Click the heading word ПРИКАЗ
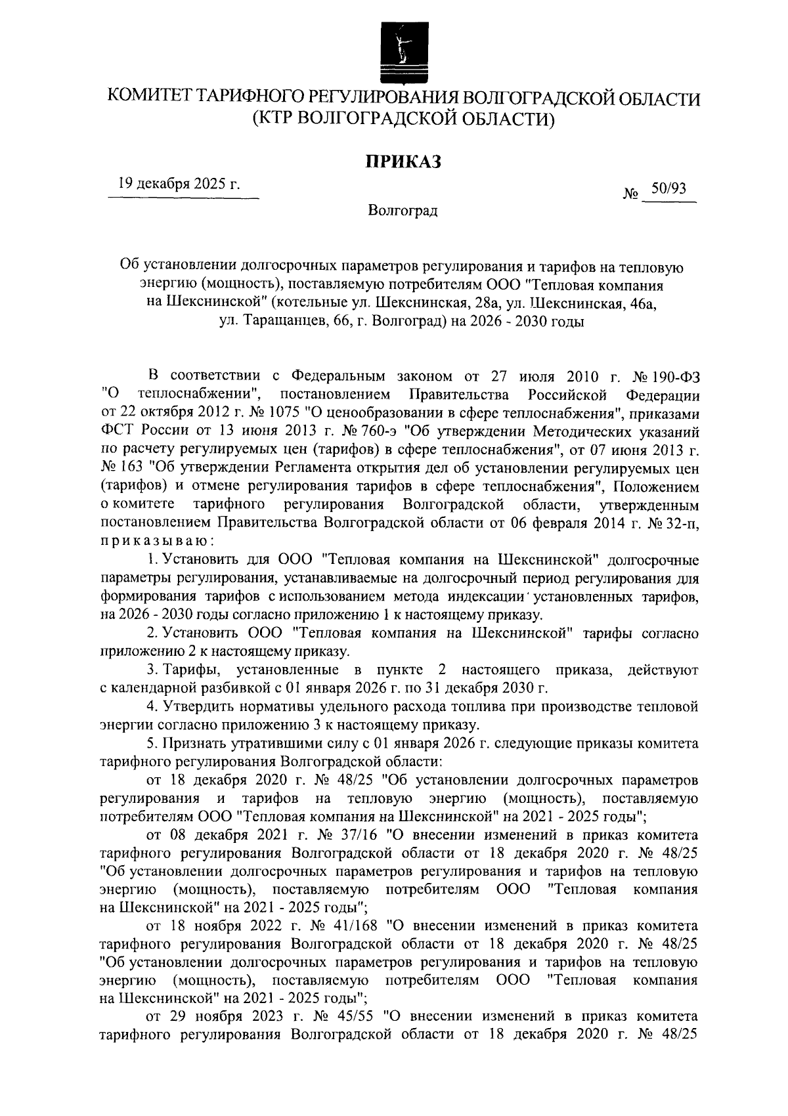coord(403,160)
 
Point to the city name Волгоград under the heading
coord(403,211)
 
